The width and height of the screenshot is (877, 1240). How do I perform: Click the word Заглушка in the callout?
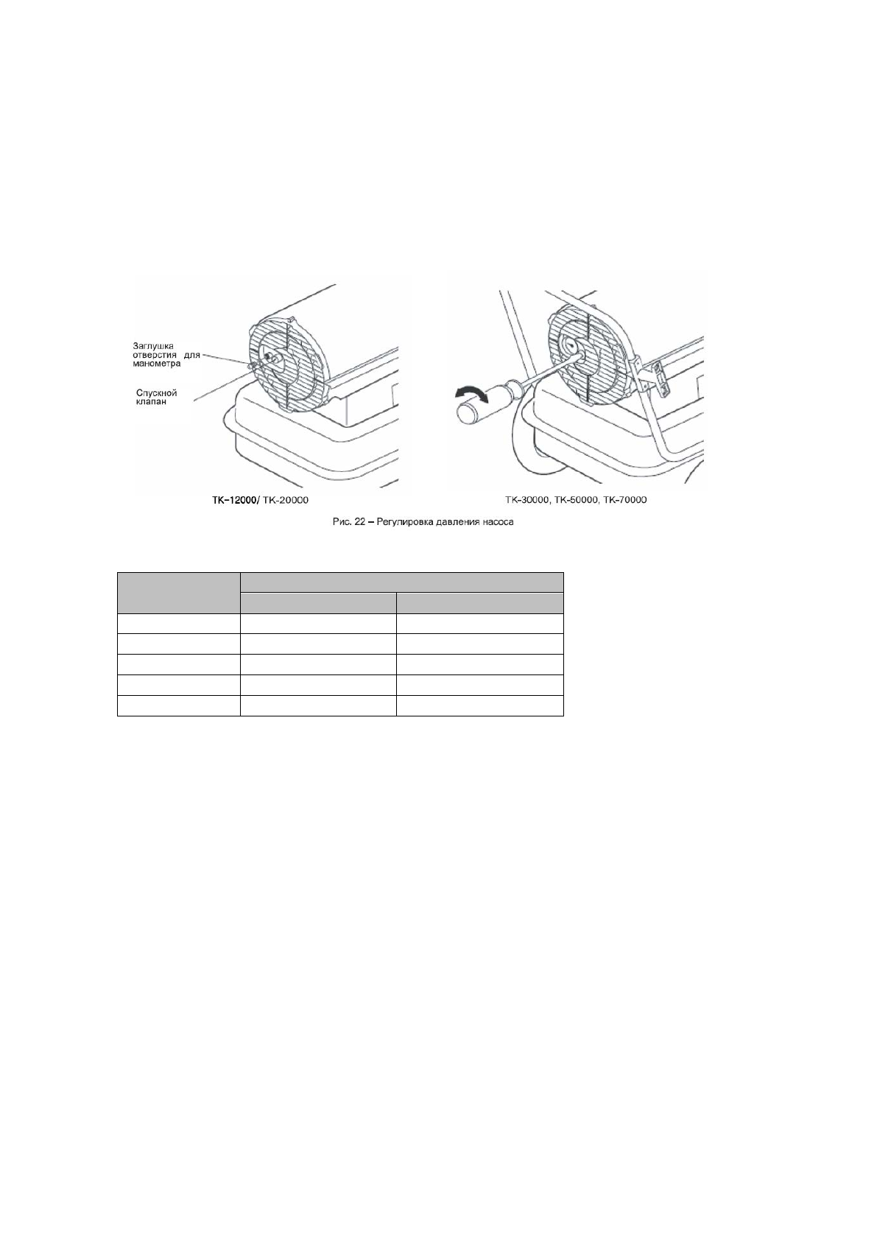152,345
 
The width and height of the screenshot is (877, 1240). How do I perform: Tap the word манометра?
156,363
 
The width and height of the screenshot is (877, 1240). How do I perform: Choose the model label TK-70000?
624,500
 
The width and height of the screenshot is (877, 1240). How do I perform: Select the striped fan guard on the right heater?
585,353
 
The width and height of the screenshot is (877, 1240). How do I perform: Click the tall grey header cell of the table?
179,593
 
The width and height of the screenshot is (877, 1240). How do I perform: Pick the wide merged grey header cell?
401,582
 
